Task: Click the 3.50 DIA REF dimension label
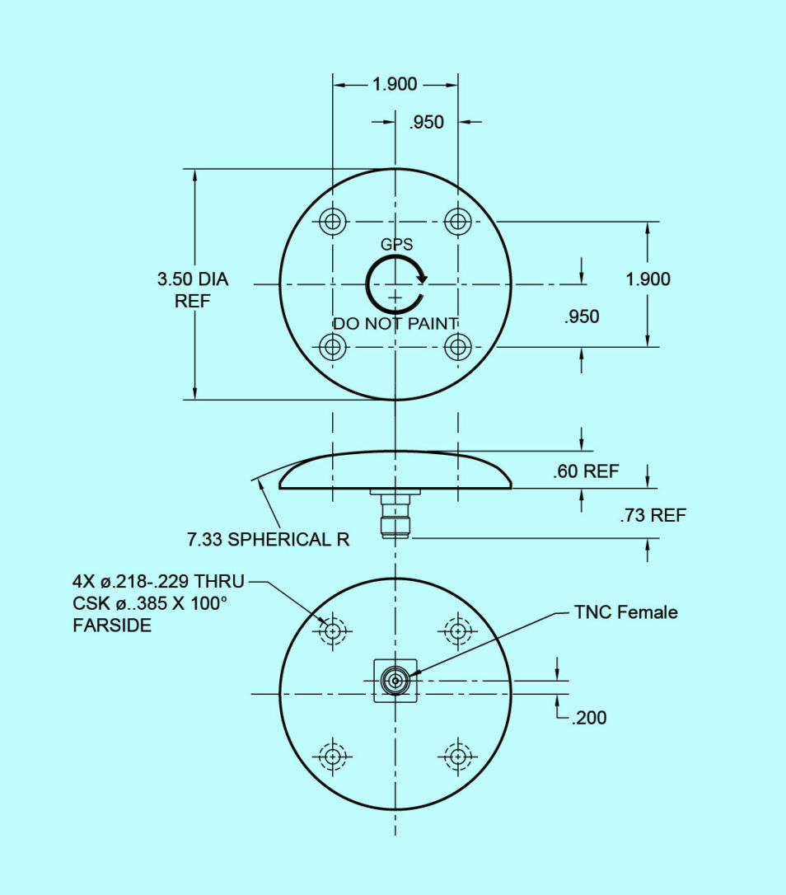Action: [193, 290]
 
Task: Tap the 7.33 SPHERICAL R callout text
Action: [268, 540]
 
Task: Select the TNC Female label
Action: [626, 612]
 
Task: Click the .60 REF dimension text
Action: [586, 472]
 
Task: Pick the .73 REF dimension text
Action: [653, 516]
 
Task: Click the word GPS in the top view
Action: [396, 245]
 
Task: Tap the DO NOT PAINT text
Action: [395, 323]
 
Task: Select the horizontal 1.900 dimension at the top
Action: [395, 84]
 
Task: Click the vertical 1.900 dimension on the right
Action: [648, 279]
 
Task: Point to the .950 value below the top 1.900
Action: [426, 122]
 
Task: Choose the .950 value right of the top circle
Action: [582, 316]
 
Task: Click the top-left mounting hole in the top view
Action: [332, 221]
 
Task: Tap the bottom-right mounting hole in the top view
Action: [457, 347]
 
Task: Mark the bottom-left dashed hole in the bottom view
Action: [332, 756]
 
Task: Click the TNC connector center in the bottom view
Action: [395, 681]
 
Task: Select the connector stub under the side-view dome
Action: [395, 516]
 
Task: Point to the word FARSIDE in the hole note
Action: [112, 626]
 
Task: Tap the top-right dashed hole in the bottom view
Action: [457, 631]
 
